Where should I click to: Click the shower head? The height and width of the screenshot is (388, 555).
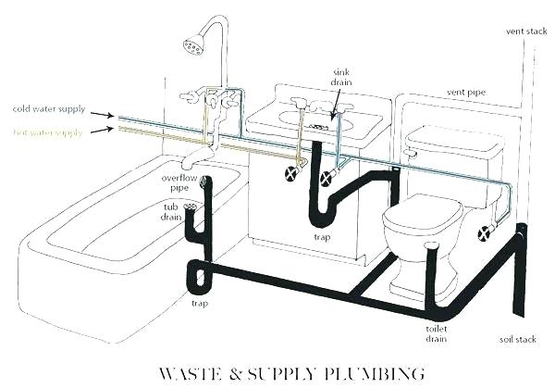point(194,44)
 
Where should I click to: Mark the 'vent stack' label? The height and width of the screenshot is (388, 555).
point(525,31)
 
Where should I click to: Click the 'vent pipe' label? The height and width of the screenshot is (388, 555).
point(464,93)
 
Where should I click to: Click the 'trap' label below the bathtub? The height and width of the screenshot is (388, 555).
point(199,302)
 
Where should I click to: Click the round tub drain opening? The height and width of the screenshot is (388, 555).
point(191,207)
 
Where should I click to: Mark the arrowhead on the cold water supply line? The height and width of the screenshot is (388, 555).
point(111,115)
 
